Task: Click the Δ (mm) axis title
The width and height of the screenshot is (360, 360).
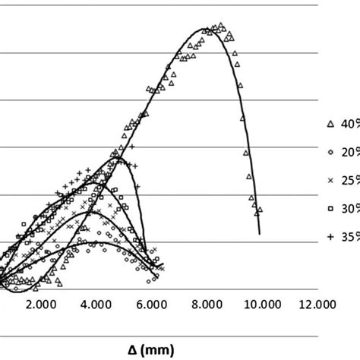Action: tap(151, 349)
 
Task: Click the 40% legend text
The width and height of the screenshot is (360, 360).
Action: tap(350, 124)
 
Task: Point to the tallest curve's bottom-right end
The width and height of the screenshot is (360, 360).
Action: tap(260, 234)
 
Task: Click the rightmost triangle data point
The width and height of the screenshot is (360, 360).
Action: tap(259, 210)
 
